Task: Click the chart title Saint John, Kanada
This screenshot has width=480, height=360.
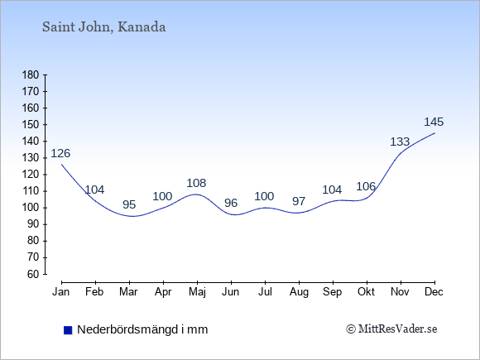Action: (103, 27)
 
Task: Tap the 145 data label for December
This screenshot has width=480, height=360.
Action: (434, 122)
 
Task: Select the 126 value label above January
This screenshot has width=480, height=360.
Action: (60, 153)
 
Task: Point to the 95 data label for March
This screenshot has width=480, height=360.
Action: (129, 204)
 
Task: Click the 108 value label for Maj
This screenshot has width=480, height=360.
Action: (196, 183)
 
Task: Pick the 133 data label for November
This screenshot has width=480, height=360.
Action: (400, 142)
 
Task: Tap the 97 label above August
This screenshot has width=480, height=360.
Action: (299, 201)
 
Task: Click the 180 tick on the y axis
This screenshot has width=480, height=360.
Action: (31, 75)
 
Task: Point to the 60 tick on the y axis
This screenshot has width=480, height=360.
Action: (34, 274)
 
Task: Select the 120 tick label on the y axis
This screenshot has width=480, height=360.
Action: (31, 175)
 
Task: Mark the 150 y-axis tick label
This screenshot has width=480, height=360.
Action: (31, 125)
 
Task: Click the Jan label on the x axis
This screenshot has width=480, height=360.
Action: (60, 292)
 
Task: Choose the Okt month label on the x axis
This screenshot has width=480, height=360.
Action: (366, 292)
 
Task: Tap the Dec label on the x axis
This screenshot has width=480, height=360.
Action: (434, 292)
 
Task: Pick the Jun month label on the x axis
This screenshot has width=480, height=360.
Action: (231, 292)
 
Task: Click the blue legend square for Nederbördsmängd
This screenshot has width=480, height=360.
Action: (68, 330)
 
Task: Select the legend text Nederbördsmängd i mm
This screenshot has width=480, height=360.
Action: (142, 329)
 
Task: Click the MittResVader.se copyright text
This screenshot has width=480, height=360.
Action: (391, 329)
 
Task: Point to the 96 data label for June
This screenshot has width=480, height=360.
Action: (231, 203)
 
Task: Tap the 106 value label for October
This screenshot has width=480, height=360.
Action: (366, 186)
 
